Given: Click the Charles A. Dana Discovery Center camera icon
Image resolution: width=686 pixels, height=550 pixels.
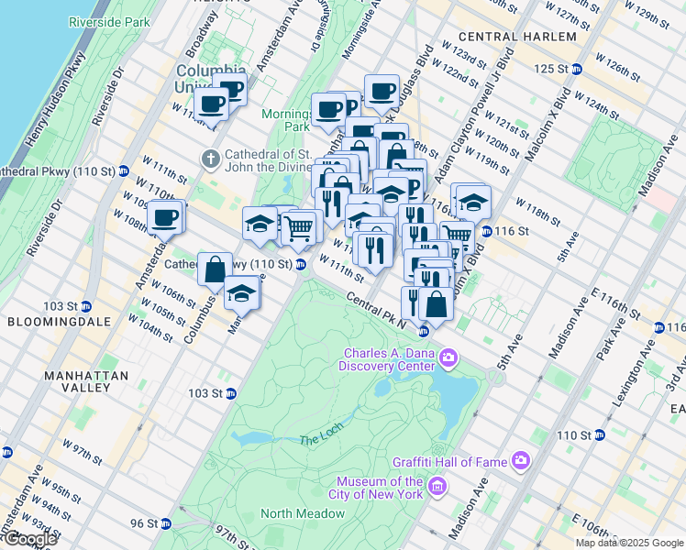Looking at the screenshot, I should [x=448, y=357].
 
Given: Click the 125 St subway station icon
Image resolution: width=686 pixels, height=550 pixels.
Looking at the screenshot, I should [x=577, y=69].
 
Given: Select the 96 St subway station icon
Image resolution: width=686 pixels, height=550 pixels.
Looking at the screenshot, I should [x=166, y=523].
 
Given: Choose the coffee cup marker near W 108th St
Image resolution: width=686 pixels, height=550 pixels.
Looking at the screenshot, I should [x=165, y=218].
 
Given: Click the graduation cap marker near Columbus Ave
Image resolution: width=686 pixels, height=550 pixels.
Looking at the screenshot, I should [x=241, y=293].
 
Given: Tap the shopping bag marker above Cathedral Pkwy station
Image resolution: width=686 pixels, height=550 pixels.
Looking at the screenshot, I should [x=215, y=269].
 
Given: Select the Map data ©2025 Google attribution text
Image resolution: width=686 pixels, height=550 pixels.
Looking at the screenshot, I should [x=629, y=543].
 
